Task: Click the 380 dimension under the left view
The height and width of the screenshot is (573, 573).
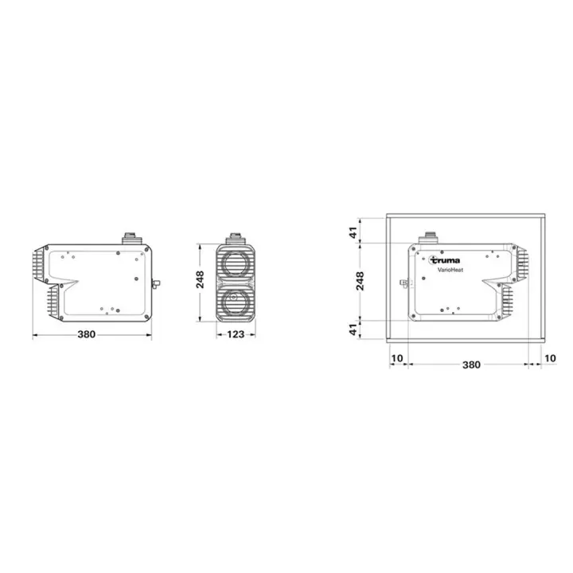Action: [87, 334]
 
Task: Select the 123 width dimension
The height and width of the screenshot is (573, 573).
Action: [235, 334]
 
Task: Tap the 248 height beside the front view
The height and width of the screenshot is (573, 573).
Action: [201, 279]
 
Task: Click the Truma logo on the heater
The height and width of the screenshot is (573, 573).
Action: [444, 259]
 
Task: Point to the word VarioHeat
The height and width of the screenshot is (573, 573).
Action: [450, 271]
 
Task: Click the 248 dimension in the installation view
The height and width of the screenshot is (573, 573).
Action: [359, 280]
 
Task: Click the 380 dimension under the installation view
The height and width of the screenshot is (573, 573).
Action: [471, 364]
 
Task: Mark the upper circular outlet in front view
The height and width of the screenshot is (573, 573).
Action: [235, 263]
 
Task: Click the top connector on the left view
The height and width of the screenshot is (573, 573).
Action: [131, 238]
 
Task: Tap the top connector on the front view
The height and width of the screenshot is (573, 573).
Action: [235, 238]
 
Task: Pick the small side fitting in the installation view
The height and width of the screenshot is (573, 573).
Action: [404, 283]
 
